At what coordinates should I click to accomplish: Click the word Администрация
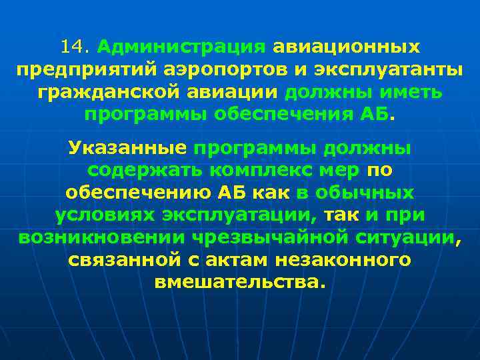[181, 47]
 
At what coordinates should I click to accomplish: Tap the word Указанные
[127, 148]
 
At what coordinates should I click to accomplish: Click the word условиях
[103, 215]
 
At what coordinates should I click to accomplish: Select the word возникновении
[101, 237]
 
